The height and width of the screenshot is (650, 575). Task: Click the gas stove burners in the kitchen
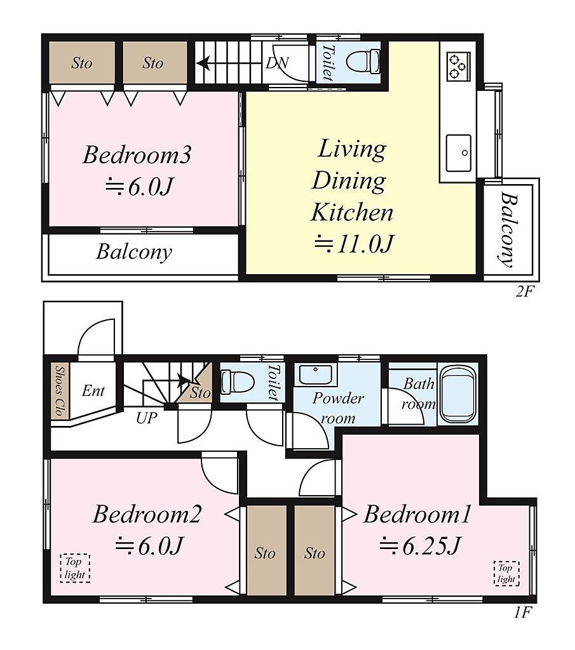click(x=458, y=66)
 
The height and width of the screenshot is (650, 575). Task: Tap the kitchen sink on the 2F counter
click(x=459, y=153)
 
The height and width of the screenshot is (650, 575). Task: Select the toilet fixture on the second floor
click(x=363, y=62)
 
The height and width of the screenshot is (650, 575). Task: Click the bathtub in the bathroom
click(x=457, y=394)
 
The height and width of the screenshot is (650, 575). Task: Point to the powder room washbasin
click(x=315, y=375)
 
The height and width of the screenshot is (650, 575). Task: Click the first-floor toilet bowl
click(x=237, y=381)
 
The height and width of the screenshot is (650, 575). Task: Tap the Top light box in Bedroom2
click(x=75, y=568)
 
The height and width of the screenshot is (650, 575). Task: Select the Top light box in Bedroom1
click(x=506, y=573)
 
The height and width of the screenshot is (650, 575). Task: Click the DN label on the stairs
click(x=277, y=63)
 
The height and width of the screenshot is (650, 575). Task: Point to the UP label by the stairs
click(x=146, y=418)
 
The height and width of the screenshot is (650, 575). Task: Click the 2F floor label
click(x=524, y=291)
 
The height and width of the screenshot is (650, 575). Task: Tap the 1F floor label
click(x=523, y=612)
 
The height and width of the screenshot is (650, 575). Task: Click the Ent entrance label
click(x=93, y=390)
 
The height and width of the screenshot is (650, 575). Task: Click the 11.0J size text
click(x=354, y=243)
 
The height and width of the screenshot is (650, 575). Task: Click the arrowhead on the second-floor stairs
click(x=203, y=63)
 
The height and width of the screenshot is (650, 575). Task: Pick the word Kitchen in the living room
click(x=352, y=212)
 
